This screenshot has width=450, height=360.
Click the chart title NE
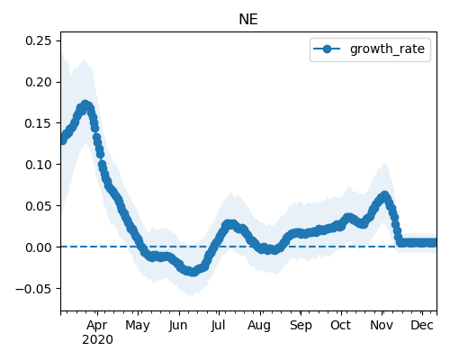248,20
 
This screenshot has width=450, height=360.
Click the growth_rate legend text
387,49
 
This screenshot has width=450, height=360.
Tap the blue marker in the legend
327,49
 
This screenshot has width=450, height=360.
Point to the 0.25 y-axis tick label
39,40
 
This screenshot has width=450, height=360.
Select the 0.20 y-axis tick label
39,82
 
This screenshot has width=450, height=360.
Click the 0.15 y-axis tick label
39,123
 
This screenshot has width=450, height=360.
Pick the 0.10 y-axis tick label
39,165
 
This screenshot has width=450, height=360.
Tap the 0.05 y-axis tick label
39,206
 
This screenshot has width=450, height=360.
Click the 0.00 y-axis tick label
39,247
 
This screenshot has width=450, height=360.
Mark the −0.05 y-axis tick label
34,289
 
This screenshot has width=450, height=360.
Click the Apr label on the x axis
97,326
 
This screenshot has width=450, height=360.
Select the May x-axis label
138,326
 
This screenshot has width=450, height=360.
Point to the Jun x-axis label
178,326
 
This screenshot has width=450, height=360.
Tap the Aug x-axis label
259,326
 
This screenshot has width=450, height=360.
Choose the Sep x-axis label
301,326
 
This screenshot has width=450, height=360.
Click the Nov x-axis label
382,326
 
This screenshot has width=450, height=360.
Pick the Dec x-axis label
422,326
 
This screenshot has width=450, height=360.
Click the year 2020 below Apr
97,340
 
